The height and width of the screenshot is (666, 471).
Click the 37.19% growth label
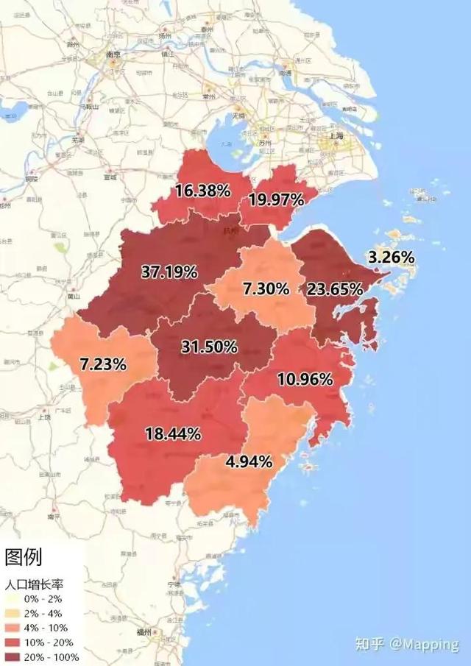[169, 272]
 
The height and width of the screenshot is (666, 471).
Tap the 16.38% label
[203, 191]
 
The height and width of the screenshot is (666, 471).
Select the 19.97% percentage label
[276, 199]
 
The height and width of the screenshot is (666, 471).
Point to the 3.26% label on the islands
[392, 258]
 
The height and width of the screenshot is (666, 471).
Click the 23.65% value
[335, 288]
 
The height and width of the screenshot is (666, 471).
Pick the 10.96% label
[305, 379]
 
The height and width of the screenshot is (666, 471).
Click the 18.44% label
[173, 434]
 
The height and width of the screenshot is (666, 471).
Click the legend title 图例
[24, 558]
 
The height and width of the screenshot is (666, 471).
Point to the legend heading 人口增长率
[34, 585]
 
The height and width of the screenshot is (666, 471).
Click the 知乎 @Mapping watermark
[406, 644]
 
